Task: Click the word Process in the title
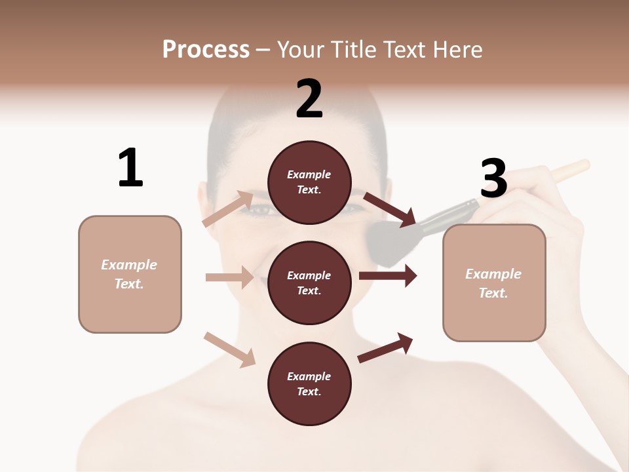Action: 206,50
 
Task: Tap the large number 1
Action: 130,168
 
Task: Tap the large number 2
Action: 309,99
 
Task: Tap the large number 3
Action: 493,179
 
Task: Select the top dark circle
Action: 309,182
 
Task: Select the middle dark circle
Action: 309,283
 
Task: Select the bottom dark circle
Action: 309,383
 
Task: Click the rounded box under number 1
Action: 130,274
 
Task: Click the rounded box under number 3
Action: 494,283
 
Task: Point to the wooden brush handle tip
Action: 580,166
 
